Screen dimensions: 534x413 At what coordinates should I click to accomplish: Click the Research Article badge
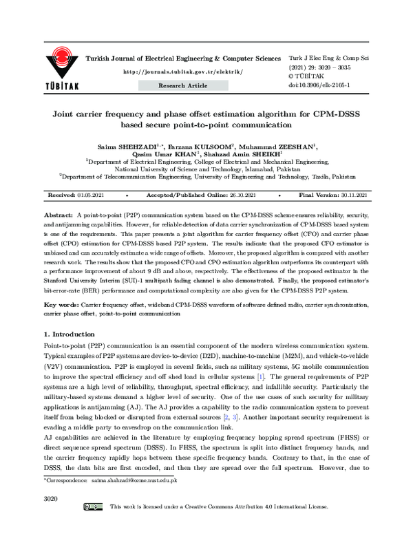click(x=183, y=85)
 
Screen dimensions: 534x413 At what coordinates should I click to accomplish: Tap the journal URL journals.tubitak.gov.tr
click(x=182, y=72)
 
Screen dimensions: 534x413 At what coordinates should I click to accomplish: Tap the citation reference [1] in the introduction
click(x=260, y=378)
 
